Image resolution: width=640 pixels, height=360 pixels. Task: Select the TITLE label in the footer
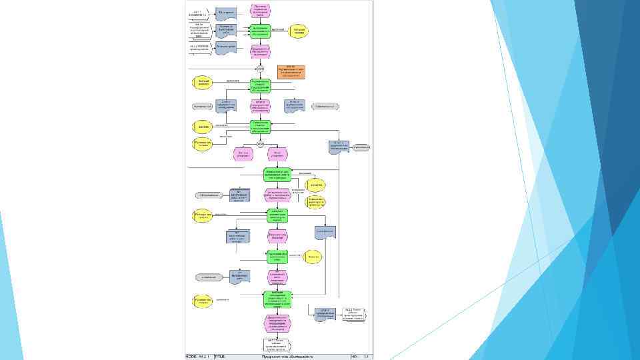click(219, 356)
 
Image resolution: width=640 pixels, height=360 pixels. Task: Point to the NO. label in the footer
click(355, 356)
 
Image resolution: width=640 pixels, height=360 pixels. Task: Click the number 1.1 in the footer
click(366, 356)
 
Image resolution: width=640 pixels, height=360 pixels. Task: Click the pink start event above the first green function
click(260, 10)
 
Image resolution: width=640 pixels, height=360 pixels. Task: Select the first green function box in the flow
click(260, 30)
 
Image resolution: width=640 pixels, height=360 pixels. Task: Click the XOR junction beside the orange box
click(260, 69)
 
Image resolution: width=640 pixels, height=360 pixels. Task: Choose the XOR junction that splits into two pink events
click(260, 143)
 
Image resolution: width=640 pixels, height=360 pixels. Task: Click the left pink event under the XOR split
click(243, 154)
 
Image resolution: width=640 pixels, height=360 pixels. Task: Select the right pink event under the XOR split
click(277, 154)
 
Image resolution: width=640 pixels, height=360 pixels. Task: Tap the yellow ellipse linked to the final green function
click(203, 301)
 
